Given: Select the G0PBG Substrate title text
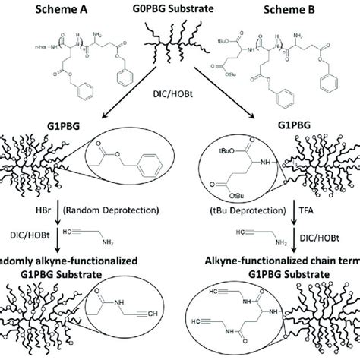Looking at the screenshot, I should tap(180, 10).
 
